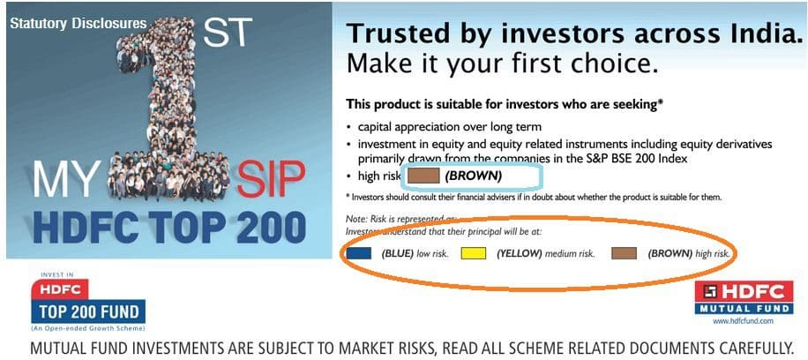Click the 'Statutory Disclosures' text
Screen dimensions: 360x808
[x=79, y=23]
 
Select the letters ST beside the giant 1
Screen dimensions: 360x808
[x=228, y=34]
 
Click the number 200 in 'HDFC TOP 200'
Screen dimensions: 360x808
[x=264, y=226]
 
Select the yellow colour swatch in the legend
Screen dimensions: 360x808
[x=474, y=253]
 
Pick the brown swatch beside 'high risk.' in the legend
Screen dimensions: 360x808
[x=624, y=253]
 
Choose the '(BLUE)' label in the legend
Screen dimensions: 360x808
[x=398, y=254]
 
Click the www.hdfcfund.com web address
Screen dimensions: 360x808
[x=749, y=321]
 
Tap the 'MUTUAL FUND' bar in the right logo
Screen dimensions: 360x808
[x=749, y=308]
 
